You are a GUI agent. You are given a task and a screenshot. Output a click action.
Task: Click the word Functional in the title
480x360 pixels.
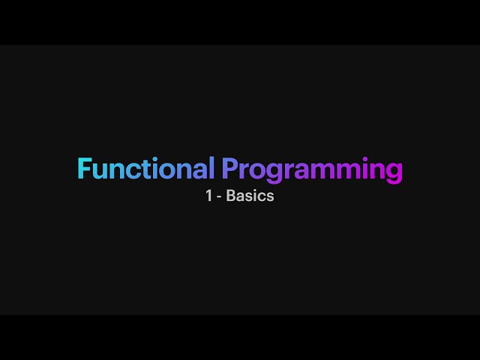[x=146, y=168]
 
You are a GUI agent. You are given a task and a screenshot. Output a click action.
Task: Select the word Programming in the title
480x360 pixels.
[x=312, y=170]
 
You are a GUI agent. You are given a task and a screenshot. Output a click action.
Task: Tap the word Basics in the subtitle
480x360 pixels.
[x=250, y=196]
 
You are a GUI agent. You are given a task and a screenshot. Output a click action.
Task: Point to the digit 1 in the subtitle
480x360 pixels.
[x=209, y=196]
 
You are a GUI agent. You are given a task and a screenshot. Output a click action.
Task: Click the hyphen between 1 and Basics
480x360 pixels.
[x=219, y=197]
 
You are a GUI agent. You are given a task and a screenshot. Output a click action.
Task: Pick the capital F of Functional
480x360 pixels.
[x=85, y=168]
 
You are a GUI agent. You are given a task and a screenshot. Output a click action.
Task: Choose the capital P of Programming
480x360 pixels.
[x=230, y=168]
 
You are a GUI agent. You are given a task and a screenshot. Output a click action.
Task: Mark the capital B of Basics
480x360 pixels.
[x=231, y=196]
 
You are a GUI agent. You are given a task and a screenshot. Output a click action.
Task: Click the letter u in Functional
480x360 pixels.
[x=100, y=171]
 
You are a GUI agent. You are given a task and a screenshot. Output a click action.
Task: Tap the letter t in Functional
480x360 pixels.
[x=144, y=169]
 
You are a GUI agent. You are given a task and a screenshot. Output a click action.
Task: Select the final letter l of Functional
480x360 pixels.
[x=211, y=168]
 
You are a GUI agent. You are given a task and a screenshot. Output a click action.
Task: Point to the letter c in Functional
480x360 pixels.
[x=132, y=171]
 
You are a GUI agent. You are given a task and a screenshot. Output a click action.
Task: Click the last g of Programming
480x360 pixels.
[x=394, y=173]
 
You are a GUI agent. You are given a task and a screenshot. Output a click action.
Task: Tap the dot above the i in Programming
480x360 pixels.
[x=365, y=158]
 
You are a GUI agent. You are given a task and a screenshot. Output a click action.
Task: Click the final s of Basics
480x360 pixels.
[x=270, y=197]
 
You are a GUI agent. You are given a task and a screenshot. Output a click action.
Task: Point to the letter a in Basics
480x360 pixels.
[x=241, y=197]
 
